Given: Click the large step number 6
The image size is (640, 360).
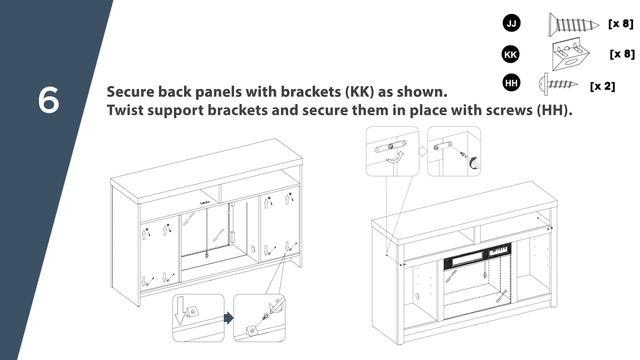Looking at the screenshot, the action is [49, 100].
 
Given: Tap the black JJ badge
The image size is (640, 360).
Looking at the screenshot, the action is [511, 23].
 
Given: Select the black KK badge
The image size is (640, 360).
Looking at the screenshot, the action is [511, 54].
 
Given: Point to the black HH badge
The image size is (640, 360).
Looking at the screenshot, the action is [511, 83].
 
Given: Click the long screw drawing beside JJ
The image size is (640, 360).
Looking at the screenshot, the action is [573, 24].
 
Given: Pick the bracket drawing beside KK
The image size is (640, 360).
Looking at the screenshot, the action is [570, 54].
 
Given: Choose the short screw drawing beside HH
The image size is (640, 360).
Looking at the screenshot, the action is [558, 84].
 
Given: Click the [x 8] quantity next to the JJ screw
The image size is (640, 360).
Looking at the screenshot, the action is [620, 24].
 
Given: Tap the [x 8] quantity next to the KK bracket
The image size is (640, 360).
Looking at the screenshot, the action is [622, 54].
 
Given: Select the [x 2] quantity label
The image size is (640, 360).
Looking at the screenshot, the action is [602, 86].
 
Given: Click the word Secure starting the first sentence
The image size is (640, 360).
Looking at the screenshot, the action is [130, 92].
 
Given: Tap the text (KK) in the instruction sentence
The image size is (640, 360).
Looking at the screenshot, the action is [360, 92].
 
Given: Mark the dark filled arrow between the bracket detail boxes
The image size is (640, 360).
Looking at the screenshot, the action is [229, 318].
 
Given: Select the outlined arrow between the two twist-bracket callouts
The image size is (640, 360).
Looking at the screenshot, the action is [423, 151].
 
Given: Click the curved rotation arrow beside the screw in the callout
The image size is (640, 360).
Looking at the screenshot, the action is [474, 162].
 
